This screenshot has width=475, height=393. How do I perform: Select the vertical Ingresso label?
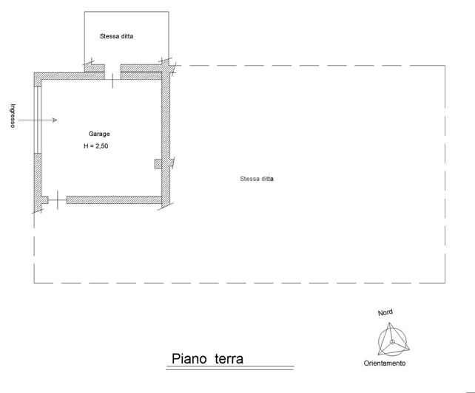click(13, 115)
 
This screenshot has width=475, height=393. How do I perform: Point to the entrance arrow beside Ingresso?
click(45, 119)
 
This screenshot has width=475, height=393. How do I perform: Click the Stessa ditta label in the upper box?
click(121, 35)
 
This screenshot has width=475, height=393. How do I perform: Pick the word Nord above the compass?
click(385, 313)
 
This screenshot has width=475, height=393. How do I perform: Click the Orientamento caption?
click(384, 364)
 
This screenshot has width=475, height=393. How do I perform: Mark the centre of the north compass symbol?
click(392, 341)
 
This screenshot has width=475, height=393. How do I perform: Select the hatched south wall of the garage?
click(114, 199)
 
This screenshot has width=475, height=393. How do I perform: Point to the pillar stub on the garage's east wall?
click(157, 163)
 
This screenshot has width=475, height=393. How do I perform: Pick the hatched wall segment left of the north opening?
click(70, 74)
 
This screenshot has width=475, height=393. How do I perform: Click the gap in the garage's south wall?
click(58, 199)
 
